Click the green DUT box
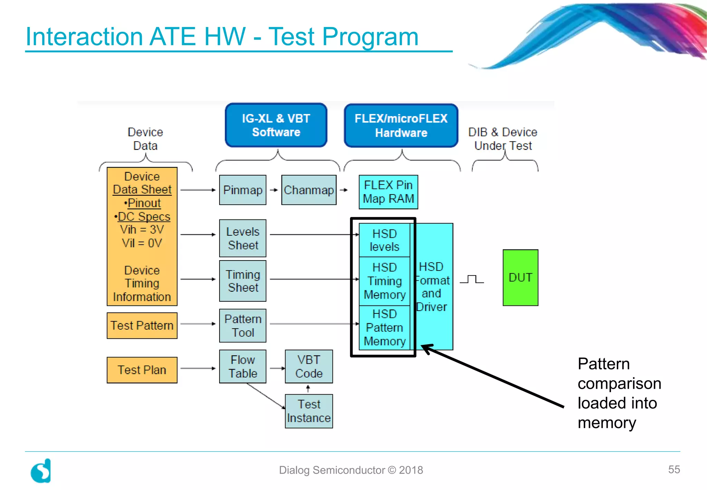point(520,277)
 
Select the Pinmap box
point(243,190)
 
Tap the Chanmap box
point(309,190)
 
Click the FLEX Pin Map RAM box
point(388,192)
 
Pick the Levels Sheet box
point(243,238)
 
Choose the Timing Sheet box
point(243,281)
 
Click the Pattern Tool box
point(243,326)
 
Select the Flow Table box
point(243,366)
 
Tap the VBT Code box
point(309,366)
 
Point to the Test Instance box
point(309,411)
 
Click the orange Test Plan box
point(142,370)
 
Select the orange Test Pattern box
point(142,326)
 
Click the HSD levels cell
point(384,240)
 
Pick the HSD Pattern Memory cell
point(384,328)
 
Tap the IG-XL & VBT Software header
point(276,125)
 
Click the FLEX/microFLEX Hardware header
point(401,125)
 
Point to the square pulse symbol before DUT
point(472,279)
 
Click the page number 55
point(674,469)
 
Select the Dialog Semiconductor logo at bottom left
point(41,471)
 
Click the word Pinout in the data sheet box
point(144,203)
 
